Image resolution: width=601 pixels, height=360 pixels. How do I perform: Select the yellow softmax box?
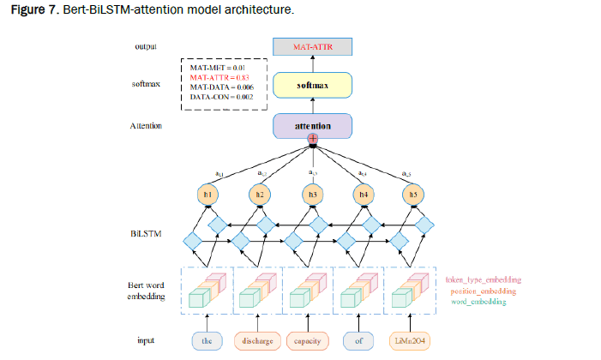[x=312, y=86]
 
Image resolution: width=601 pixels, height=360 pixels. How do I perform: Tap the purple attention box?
[x=312, y=126]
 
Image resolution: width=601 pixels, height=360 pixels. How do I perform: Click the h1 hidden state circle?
[x=208, y=195]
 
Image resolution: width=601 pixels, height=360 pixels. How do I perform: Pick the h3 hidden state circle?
[x=312, y=195]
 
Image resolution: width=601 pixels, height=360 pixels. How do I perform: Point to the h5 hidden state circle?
[x=415, y=195]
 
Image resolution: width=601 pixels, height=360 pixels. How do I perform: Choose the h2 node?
[x=260, y=195]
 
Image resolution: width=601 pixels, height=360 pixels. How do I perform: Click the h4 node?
[x=363, y=195]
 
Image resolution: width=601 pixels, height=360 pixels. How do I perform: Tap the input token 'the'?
[x=207, y=340]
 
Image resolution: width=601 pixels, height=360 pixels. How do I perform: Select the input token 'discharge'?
[x=257, y=340]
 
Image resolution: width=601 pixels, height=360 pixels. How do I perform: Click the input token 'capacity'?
[x=309, y=340]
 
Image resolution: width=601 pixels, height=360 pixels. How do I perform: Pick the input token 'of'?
[x=359, y=340]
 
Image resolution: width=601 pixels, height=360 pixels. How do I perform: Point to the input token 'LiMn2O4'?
[x=411, y=340]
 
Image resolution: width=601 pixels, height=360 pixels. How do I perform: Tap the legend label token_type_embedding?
[x=483, y=280]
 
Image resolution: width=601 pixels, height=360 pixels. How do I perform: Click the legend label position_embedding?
[x=485, y=291]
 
